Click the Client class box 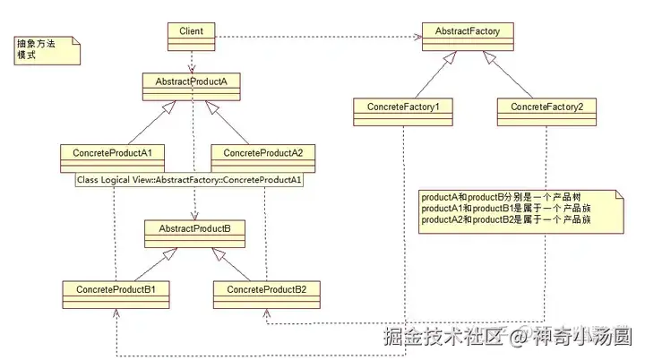click(x=192, y=37)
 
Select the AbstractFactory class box click(x=468, y=37)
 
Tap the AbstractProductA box click(x=192, y=87)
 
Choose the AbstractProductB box click(x=194, y=234)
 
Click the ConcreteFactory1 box click(x=403, y=112)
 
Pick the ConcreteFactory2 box click(x=546, y=112)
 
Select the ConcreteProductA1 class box click(x=112, y=159)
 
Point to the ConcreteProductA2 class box click(x=263, y=159)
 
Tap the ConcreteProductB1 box click(x=116, y=295)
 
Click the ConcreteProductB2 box click(x=267, y=295)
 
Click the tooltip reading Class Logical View click(x=189, y=180)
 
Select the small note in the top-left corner click(x=47, y=50)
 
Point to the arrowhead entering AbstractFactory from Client click(x=418, y=37)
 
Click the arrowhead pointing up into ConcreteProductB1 click(x=116, y=313)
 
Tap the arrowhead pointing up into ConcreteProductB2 click(x=267, y=313)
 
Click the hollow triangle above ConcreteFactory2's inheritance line click(x=489, y=57)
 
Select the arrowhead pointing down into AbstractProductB click(x=194, y=216)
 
